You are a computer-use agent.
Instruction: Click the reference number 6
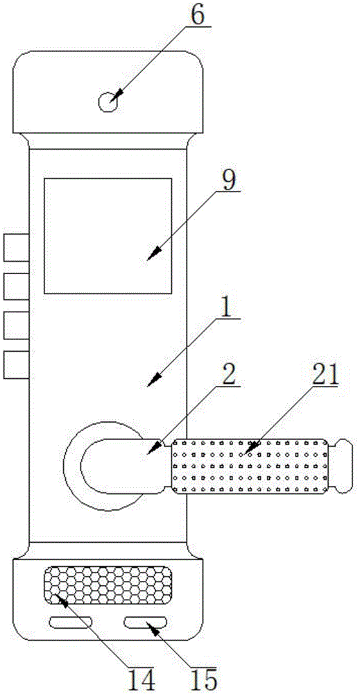[197, 16]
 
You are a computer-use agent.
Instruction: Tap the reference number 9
[229, 180]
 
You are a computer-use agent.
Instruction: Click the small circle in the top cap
[107, 103]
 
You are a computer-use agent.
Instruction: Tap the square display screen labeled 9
[108, 235]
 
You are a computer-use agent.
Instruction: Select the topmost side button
[17, 248]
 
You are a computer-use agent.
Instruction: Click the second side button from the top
[17, 287]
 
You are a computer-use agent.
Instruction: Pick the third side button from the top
[17, 325]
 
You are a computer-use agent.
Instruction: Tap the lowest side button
[17, 365]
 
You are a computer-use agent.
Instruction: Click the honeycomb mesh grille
[108, 586]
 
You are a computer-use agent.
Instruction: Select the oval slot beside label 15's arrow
[146, 623]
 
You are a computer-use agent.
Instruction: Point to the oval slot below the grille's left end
[70, 623]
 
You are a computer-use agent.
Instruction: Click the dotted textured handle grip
[250, 466]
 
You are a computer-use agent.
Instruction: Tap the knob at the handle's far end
[342, 466]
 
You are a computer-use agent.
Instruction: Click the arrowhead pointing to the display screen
[153, 255]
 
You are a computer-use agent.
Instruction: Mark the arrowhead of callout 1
[153, 381]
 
